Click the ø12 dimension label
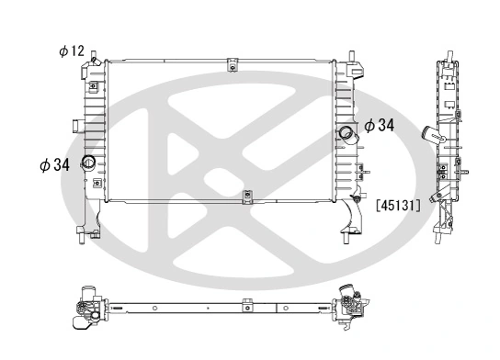click(x=72, y=51)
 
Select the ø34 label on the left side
click(x=54, y=165)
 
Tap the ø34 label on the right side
click(x=380, y=126)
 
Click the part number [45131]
click(x=398, y=206)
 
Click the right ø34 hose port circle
click(x=347, y=135)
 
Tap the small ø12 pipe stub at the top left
click(x=94, y=61)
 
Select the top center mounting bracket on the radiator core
click(x=233, y=64)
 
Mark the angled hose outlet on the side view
click(x=430, y=136)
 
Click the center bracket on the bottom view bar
click(x=245, y=306)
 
